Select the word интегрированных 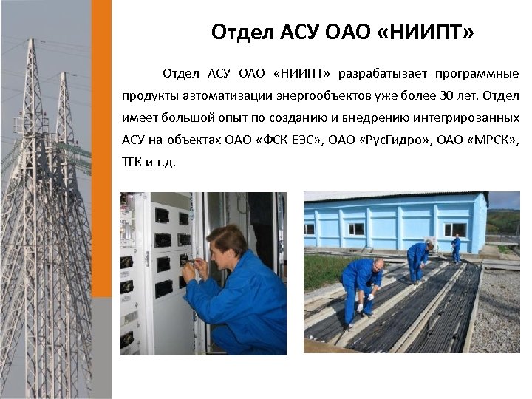470,118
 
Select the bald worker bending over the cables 362,288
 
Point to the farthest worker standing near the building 456,248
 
